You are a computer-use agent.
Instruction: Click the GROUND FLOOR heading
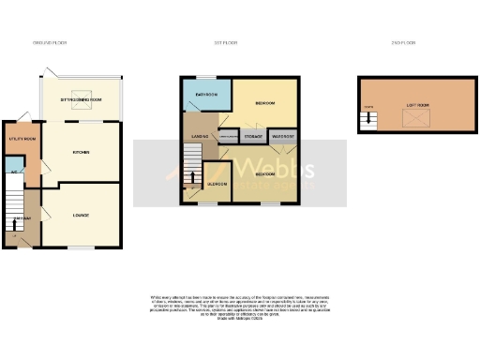point(50,42)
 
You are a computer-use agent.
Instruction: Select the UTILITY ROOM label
point(22,139)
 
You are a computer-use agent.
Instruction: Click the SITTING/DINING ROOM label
point(80,97)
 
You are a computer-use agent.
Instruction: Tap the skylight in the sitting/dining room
point(80,106)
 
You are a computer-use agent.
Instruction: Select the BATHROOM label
point(206,96)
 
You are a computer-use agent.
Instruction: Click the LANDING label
point(199,137)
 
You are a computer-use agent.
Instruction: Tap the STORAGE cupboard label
point(253,137)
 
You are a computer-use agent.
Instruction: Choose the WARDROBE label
point(283,137)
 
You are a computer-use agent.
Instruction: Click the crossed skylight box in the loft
point(411,119)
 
